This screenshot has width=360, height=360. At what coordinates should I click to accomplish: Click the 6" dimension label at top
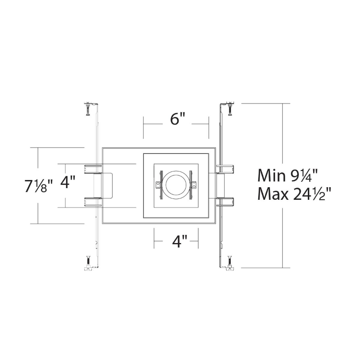177,119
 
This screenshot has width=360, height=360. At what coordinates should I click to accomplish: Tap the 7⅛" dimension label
39,186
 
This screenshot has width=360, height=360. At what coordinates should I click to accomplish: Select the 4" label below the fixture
180,241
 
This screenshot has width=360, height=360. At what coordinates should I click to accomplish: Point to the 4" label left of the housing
68,182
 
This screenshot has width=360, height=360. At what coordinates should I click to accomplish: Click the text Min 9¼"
288,175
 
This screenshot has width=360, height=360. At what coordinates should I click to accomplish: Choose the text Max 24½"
295,194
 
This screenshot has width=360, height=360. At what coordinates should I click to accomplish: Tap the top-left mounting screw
88,109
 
